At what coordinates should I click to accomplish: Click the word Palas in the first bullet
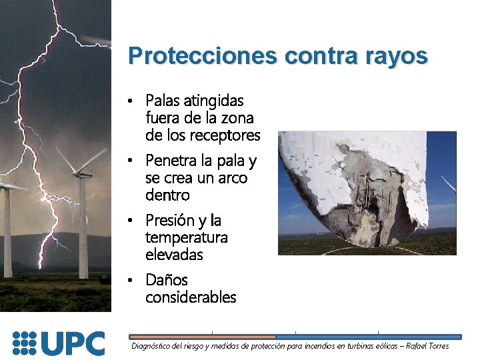(x=163, y=101)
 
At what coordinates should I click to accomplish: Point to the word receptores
(x=225, y=135)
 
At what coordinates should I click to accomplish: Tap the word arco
(x=233, y=178)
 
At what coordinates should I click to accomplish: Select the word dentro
(x=167, y=195)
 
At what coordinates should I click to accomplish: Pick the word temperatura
(x=186, y=237)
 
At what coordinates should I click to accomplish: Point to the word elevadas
(x=174, y=255)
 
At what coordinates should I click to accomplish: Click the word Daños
(x=167, y=280)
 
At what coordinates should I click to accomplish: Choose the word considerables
(x=191, y=297)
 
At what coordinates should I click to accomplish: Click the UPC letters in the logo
(x=73, y=343)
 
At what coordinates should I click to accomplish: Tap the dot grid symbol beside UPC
(x=25, y=343)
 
